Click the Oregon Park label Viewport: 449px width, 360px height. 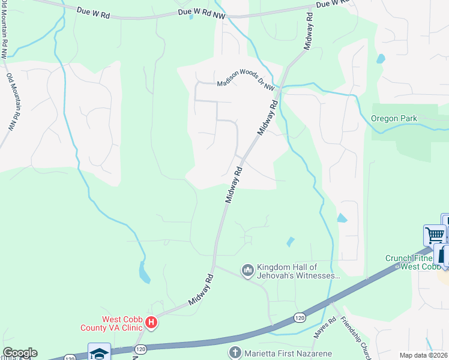tap(394, 118)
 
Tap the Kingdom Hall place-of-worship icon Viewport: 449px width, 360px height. tap(247, 271)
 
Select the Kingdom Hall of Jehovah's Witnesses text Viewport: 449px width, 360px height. tap(298, 272)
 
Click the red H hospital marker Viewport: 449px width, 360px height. tap(152, 323)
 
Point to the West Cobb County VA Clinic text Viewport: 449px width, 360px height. tap(111, 323)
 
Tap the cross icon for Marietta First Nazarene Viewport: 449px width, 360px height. tap(235, 353)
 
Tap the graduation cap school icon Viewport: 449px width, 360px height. tap(99, 353)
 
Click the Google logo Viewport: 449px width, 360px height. tap(20, 353)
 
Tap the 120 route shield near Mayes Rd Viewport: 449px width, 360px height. tap(300, 317)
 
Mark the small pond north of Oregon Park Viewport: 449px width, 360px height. tap(380, 59)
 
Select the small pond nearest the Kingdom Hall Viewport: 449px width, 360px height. tap(291, 242)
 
